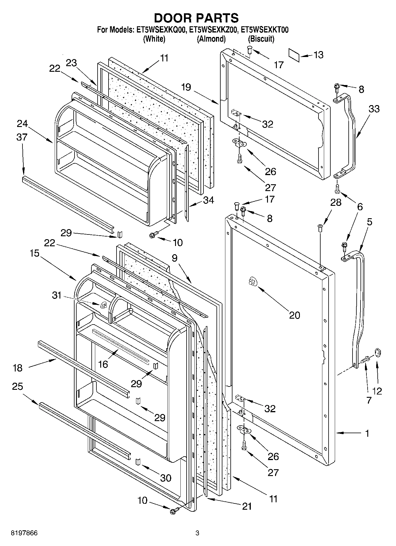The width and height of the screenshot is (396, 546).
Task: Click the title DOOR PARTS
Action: click(x=196, y=18)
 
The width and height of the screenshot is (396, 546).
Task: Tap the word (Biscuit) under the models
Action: click(x=261, y=39)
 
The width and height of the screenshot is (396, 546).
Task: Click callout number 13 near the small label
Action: click(x=319, y=55)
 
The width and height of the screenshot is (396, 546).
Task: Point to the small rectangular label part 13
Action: click(x=294, y=56)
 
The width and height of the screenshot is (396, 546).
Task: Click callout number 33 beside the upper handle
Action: click(x=374, y=109)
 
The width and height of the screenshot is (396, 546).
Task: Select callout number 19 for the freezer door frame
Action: click(x=186, y=87)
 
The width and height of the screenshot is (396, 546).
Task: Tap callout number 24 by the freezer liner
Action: click(x=22, y=123)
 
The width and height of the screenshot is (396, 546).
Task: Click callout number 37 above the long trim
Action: click(x=22, y=137)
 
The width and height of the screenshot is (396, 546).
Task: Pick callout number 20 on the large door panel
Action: click(x=294, y=315)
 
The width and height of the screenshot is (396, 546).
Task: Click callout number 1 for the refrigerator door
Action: click(x=367, y=433)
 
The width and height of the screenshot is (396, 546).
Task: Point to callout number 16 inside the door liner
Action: click(x=103, y=364)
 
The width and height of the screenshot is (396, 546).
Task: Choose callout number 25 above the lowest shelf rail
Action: click(x=17, y=387)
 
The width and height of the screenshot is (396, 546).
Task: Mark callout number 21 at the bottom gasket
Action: click(x=247, y=506)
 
